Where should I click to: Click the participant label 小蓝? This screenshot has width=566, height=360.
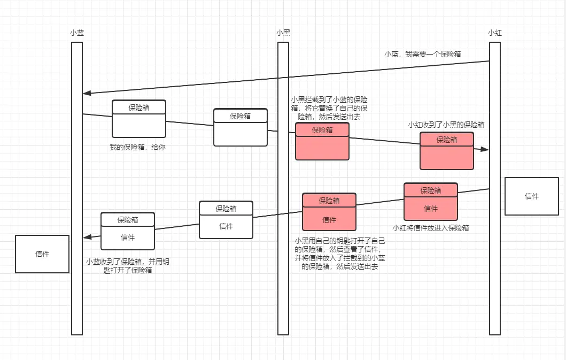click(77, 33)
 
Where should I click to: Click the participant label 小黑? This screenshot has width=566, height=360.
click(283, 33)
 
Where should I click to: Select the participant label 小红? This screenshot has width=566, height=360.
click(495, 33)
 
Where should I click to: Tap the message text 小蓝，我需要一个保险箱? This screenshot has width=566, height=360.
click(423, 54)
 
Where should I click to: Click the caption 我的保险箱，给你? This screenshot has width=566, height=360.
click(137, 147)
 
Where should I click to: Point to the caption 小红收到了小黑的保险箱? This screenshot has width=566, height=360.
click(446, 125)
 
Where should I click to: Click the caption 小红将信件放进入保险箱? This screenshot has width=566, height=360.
click(431, 228)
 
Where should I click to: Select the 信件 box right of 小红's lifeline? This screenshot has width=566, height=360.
click(532, 196)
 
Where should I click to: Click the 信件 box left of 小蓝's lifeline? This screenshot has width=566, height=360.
click(42, 254)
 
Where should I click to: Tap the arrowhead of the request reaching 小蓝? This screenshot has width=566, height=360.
click(87, 93)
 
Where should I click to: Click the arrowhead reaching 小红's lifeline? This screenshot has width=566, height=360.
click(484, 149)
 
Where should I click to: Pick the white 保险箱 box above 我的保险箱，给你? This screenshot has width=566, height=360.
click(139, 119)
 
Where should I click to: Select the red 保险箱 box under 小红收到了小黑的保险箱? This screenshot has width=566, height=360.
click(447, 151)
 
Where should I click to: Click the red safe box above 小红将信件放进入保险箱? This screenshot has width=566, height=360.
click(431, 202)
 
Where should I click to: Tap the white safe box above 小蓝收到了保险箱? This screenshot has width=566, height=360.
click(128, 231)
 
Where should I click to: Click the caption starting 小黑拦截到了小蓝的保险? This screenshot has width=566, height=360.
click(329, 108)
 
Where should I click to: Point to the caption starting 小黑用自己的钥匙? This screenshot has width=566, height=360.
click(340, 254)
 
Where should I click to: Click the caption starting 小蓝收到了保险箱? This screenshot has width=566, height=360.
click(127, 266)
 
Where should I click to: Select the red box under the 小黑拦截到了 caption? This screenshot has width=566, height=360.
click(322, 141)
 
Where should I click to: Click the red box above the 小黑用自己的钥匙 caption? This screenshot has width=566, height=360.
click(329, 212)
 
